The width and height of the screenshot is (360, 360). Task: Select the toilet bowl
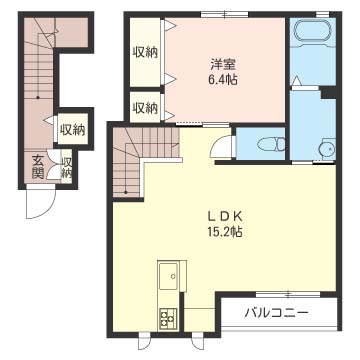coord(262,144)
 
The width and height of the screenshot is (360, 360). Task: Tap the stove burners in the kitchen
coord(167,317)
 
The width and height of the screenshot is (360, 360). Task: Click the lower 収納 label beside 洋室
coord(145,107)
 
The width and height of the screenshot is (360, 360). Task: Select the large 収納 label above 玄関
coord(71,128)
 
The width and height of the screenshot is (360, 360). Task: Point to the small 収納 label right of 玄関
coord(66,167)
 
